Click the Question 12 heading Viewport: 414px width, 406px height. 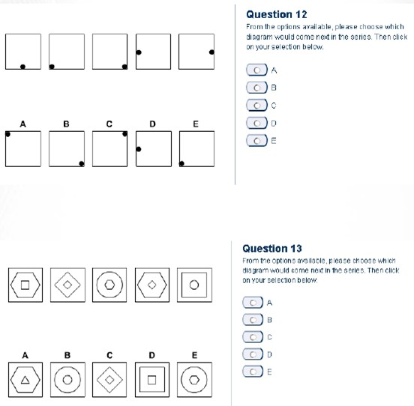[277, 14]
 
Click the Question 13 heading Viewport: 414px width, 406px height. [272, 249]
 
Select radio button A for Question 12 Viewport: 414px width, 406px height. [257, 70]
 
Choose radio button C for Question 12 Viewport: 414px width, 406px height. [257, 106]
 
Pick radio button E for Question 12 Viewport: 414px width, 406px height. [257, 141]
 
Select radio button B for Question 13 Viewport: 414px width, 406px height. [253, 320]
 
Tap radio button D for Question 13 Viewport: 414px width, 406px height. [253, 354]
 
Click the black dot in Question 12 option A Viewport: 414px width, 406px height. [7, 134]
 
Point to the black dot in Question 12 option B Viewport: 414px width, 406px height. [82, 164]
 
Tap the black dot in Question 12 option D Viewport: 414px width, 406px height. [139, 149]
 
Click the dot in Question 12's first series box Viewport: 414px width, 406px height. [22, 67]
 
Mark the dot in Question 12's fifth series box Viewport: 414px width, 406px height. [211, 52]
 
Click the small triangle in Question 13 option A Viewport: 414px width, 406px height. [25, 380]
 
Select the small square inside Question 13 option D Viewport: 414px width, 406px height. [151, 380]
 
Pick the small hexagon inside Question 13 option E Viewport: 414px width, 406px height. [194, 380]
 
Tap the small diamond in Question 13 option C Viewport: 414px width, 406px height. [109, 380]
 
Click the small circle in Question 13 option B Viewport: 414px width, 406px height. [67, 380]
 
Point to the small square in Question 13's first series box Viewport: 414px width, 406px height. [25, 285]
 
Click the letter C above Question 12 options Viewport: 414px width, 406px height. [109, 124]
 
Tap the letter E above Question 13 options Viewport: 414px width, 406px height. [194, 355]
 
